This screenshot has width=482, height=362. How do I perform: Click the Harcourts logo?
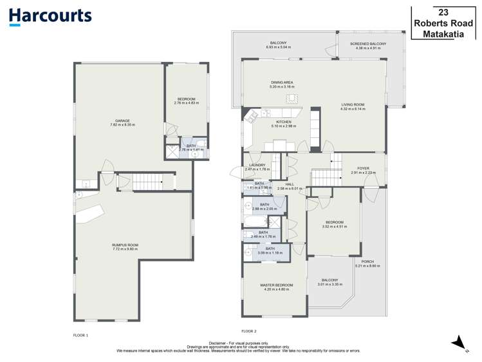point(50,16)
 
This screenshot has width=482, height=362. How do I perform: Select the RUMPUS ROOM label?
point(125,245)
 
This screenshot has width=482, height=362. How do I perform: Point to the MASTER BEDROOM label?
point(276,285)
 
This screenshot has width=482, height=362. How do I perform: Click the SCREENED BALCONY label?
point(368,44)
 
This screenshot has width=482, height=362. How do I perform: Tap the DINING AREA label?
point(283,82)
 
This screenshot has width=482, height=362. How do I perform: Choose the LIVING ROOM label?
point(353,104)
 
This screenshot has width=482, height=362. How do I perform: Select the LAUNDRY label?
point(257,165)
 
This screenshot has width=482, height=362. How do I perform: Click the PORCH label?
point(367,262)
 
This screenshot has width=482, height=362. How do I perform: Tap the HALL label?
point(290,184)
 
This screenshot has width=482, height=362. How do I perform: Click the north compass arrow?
point(459,342)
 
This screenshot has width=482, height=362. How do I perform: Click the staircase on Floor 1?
point(145,182)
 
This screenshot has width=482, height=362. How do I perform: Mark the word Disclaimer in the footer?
point(221,343)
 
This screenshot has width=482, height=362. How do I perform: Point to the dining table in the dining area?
point(292,98)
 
